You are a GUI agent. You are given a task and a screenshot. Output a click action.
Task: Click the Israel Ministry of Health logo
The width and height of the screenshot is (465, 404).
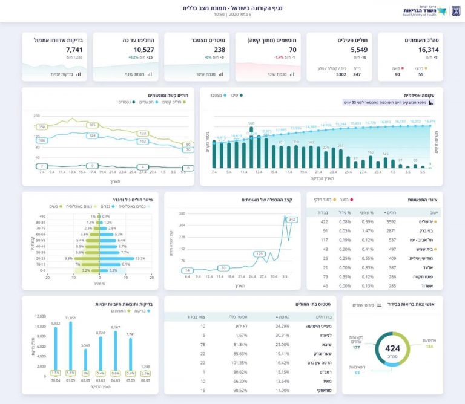tap(424, 11)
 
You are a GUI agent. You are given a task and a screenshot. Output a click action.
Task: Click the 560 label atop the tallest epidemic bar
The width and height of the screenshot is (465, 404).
tap(251, 123)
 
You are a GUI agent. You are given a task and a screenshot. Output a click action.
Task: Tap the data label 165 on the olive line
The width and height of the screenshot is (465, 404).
tap(93, 125)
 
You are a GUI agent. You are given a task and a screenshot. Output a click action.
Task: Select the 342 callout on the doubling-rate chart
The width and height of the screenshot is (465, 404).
tap(292, 219)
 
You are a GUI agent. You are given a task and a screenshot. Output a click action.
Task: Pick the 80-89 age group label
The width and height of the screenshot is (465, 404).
tap(41, 222)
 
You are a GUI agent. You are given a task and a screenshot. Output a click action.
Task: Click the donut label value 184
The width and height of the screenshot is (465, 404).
tap(429, 347)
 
